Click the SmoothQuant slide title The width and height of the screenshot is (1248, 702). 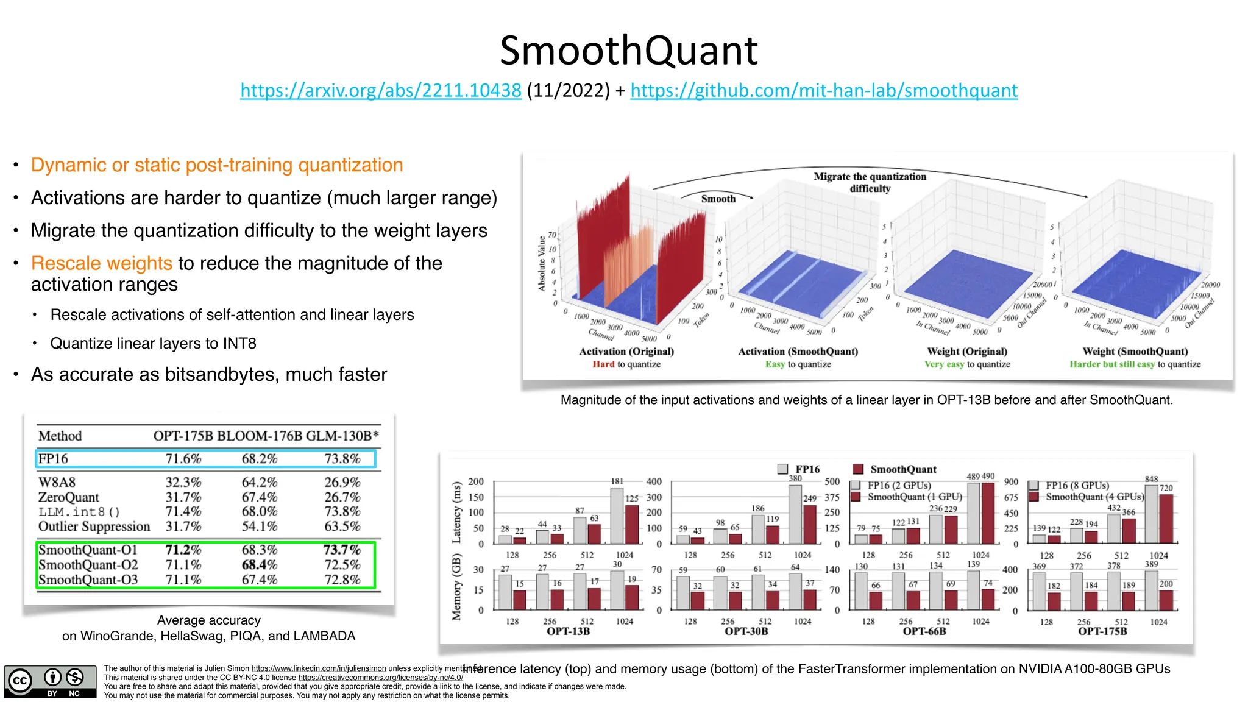click(628, 51)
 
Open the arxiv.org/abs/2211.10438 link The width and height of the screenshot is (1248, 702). click(381, 90)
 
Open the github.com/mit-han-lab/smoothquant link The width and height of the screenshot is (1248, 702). click(824, 90)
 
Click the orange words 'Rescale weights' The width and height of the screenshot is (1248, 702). click(102, 263)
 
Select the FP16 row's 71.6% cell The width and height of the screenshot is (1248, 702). click(183, 459)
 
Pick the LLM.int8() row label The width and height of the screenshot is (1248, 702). click(79, 512)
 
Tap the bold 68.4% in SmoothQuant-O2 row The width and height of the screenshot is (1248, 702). click(260, 565)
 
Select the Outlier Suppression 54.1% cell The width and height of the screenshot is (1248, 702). click(260, 526)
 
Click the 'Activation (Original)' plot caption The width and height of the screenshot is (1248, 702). click(626, 352)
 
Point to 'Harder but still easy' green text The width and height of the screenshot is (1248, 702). click(1112, 364)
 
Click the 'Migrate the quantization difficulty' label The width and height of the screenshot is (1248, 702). click(870, 182)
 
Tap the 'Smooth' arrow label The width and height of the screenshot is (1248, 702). click(718, 199)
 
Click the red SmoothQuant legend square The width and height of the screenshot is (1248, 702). click(858, 469)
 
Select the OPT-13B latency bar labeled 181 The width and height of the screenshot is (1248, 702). click(617, 515)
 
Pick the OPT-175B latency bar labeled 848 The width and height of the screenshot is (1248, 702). click(1151, 514)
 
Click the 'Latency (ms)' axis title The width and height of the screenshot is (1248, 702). click(456, 512)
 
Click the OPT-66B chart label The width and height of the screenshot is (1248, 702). click(924, 631)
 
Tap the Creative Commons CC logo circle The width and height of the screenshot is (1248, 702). click(19, 681)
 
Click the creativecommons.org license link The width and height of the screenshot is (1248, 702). click(380, 678)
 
